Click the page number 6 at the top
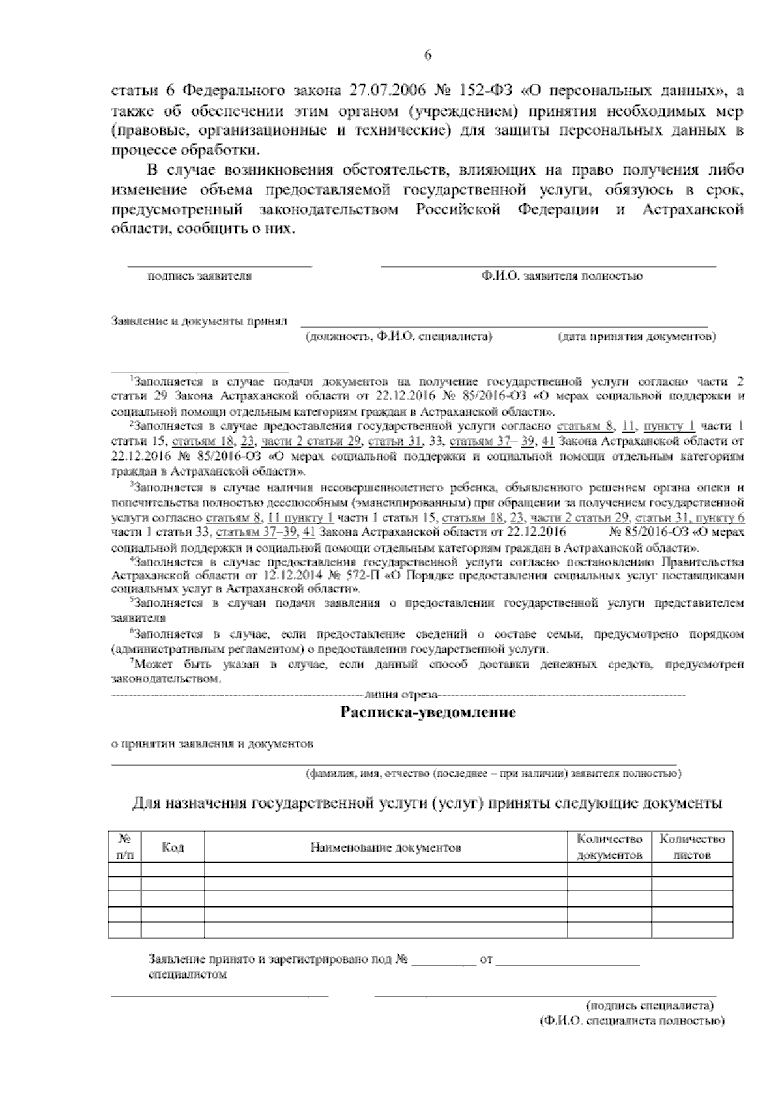click(428, 55)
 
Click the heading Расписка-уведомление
click(428, 712)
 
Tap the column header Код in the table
click(173, 847)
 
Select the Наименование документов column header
click(386, 848)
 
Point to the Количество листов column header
click(692, 847)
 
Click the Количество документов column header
click(610, 847)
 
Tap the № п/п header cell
click(124, 847)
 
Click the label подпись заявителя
click(199, 276)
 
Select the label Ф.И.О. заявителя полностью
click(562, 276)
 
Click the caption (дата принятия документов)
click(637, 337)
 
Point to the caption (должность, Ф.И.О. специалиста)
click(399, 337)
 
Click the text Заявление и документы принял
click(199, 321)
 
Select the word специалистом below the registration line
click(188, 975)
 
